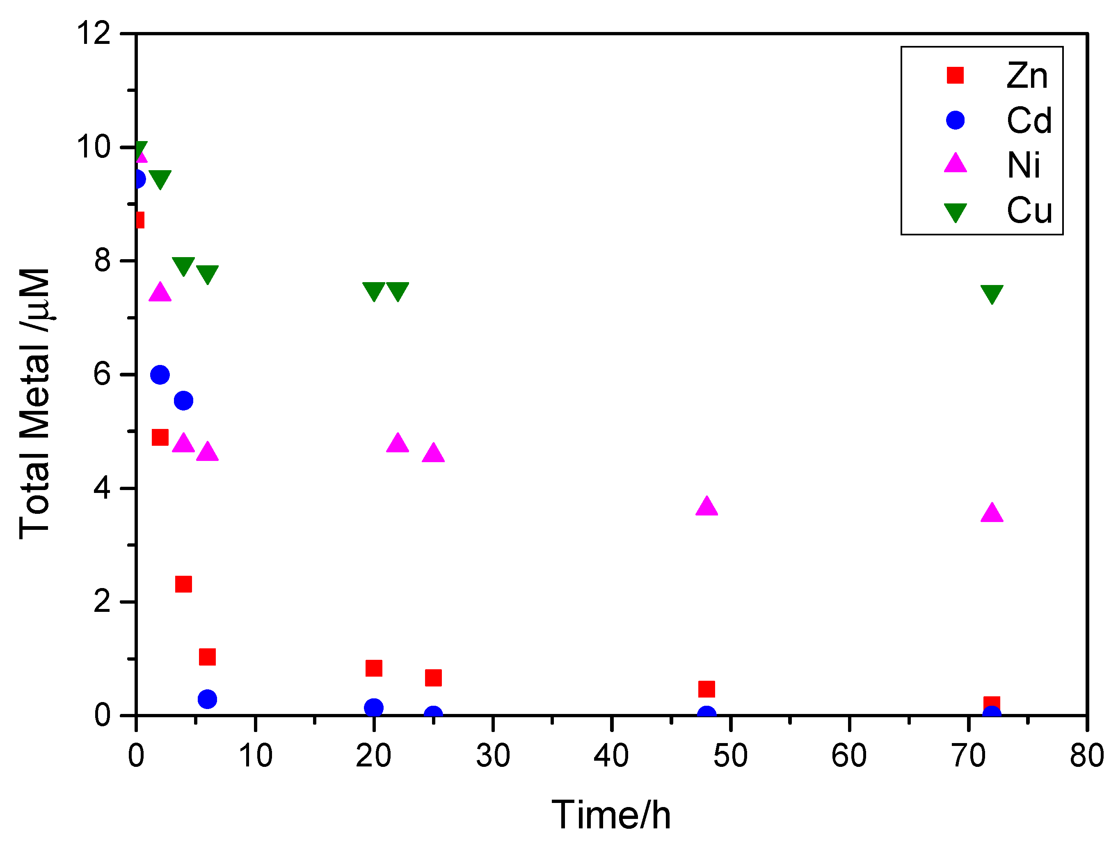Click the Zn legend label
coord(1027,76)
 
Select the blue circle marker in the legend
coord(955,120)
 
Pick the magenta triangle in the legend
coord(955,164)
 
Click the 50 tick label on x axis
coord(730,756)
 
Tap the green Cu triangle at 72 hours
coord(991,294)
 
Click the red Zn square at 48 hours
coord(706,689)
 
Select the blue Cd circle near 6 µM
coord(160,375)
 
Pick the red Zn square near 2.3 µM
coord(183,584)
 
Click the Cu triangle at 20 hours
coord(373,290)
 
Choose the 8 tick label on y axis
coord(102,261)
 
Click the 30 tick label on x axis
coord(492,756)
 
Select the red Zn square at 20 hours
coord(373,668)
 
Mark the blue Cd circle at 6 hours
coord(207,699)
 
